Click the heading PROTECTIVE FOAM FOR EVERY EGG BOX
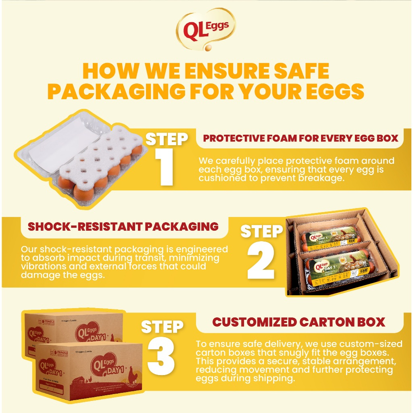[x=300, y=138]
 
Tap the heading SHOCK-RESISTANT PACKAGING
[x=123, y=226]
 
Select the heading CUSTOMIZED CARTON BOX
[x=298, y=322]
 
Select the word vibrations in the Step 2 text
[x=41, y=267]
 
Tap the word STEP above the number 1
[x=167, y=139]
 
